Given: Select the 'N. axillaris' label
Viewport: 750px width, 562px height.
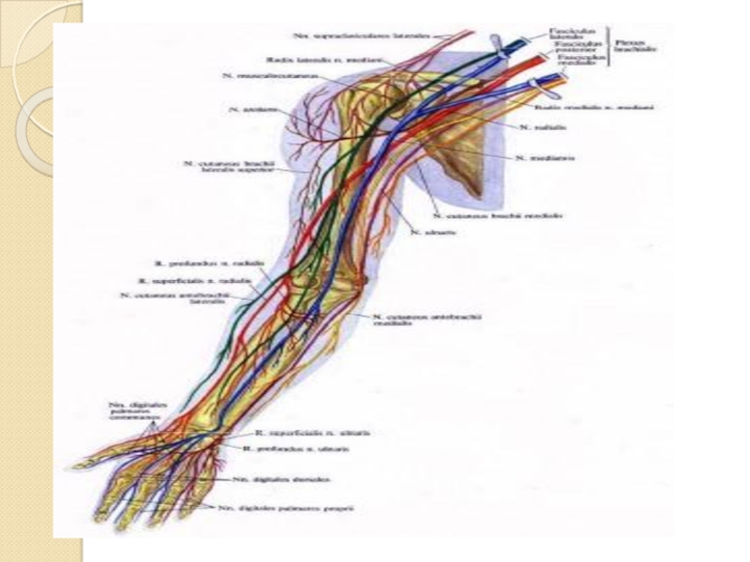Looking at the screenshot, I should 246,109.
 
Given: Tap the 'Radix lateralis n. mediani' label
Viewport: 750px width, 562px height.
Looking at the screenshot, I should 309,58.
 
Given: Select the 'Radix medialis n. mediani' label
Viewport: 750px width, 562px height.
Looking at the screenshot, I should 608,108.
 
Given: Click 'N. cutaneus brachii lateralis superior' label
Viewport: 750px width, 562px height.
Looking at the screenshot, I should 229,167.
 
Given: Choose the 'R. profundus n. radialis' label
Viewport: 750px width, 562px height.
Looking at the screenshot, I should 202,263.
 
